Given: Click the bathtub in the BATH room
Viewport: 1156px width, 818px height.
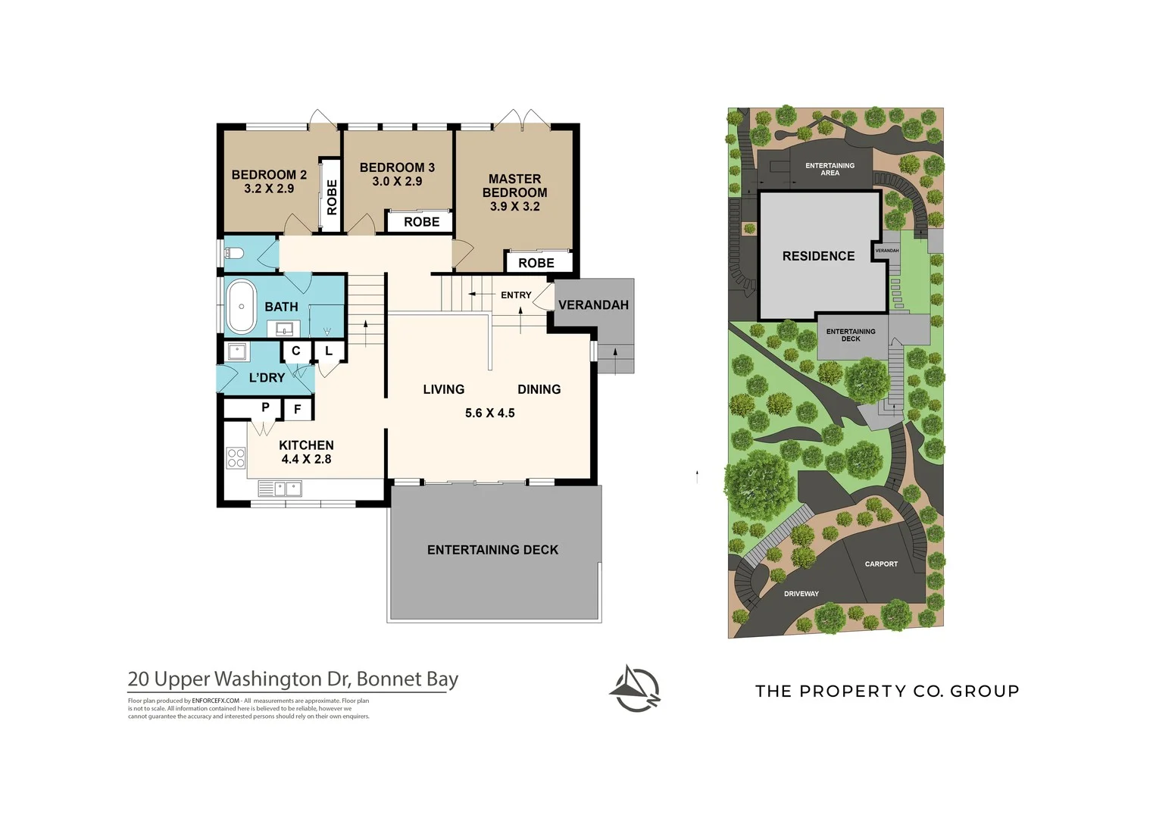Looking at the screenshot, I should [241, 307].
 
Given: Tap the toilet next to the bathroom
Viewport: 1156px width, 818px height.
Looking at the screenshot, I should [233, 253].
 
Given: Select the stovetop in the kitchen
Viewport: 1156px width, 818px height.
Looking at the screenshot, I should [236, 458].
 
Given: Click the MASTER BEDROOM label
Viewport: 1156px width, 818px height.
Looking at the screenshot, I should [514, 192].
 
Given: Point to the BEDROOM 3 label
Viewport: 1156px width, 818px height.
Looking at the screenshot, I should [397, 167].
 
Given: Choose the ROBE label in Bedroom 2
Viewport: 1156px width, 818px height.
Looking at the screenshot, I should [331, 197].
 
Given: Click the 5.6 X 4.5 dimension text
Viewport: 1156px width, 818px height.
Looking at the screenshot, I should [489, 413].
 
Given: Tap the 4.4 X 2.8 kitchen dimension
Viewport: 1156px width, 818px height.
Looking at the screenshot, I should [306, 459].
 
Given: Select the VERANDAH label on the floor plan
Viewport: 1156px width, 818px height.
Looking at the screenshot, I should [593, 304].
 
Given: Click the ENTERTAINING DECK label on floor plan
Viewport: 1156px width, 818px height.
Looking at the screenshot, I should [492, 550].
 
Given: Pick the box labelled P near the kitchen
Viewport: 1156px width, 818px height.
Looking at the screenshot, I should [265, 407].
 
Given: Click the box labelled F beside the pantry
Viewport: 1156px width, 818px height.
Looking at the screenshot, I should [298, 409].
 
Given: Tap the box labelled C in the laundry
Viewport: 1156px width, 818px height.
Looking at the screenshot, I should [296, 351].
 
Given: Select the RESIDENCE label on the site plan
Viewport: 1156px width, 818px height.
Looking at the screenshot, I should [818, 256].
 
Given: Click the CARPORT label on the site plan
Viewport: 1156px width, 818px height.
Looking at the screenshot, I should [881, 564].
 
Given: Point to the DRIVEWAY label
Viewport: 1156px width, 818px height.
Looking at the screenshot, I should [801, 594].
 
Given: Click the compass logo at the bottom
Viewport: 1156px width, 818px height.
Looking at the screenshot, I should [636, 689].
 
